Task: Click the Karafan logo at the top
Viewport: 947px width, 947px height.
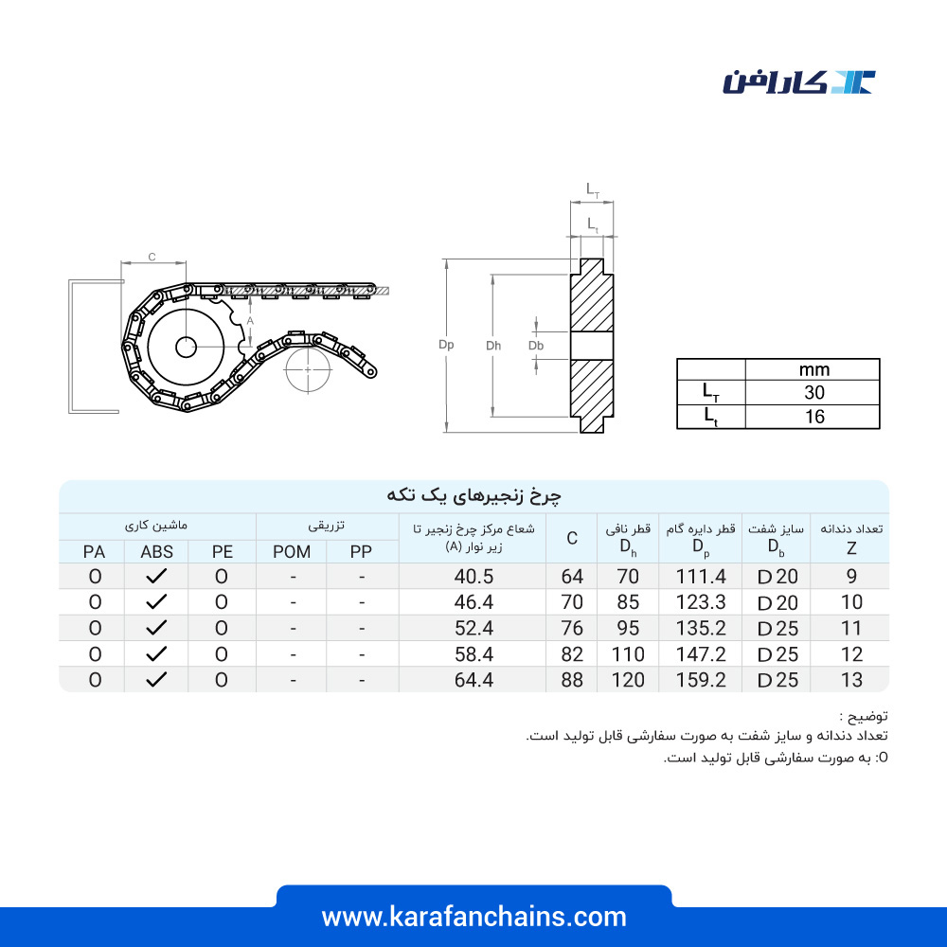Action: [798, 82]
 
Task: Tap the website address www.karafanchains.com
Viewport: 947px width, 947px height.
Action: [474, 917]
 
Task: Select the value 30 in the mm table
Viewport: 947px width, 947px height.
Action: [814, 393]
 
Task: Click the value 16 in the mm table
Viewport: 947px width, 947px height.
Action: [814, 417]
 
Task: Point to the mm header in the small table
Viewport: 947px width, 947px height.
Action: [814, 369]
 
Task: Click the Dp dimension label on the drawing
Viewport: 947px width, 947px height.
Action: [446, 345]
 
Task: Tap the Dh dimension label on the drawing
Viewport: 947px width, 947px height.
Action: [493, 346]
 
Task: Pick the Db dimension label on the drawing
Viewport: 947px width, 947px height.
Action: [536, 346]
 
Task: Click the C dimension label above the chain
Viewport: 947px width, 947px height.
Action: [152, 257]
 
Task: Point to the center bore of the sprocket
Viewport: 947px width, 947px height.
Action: [186, 347]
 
